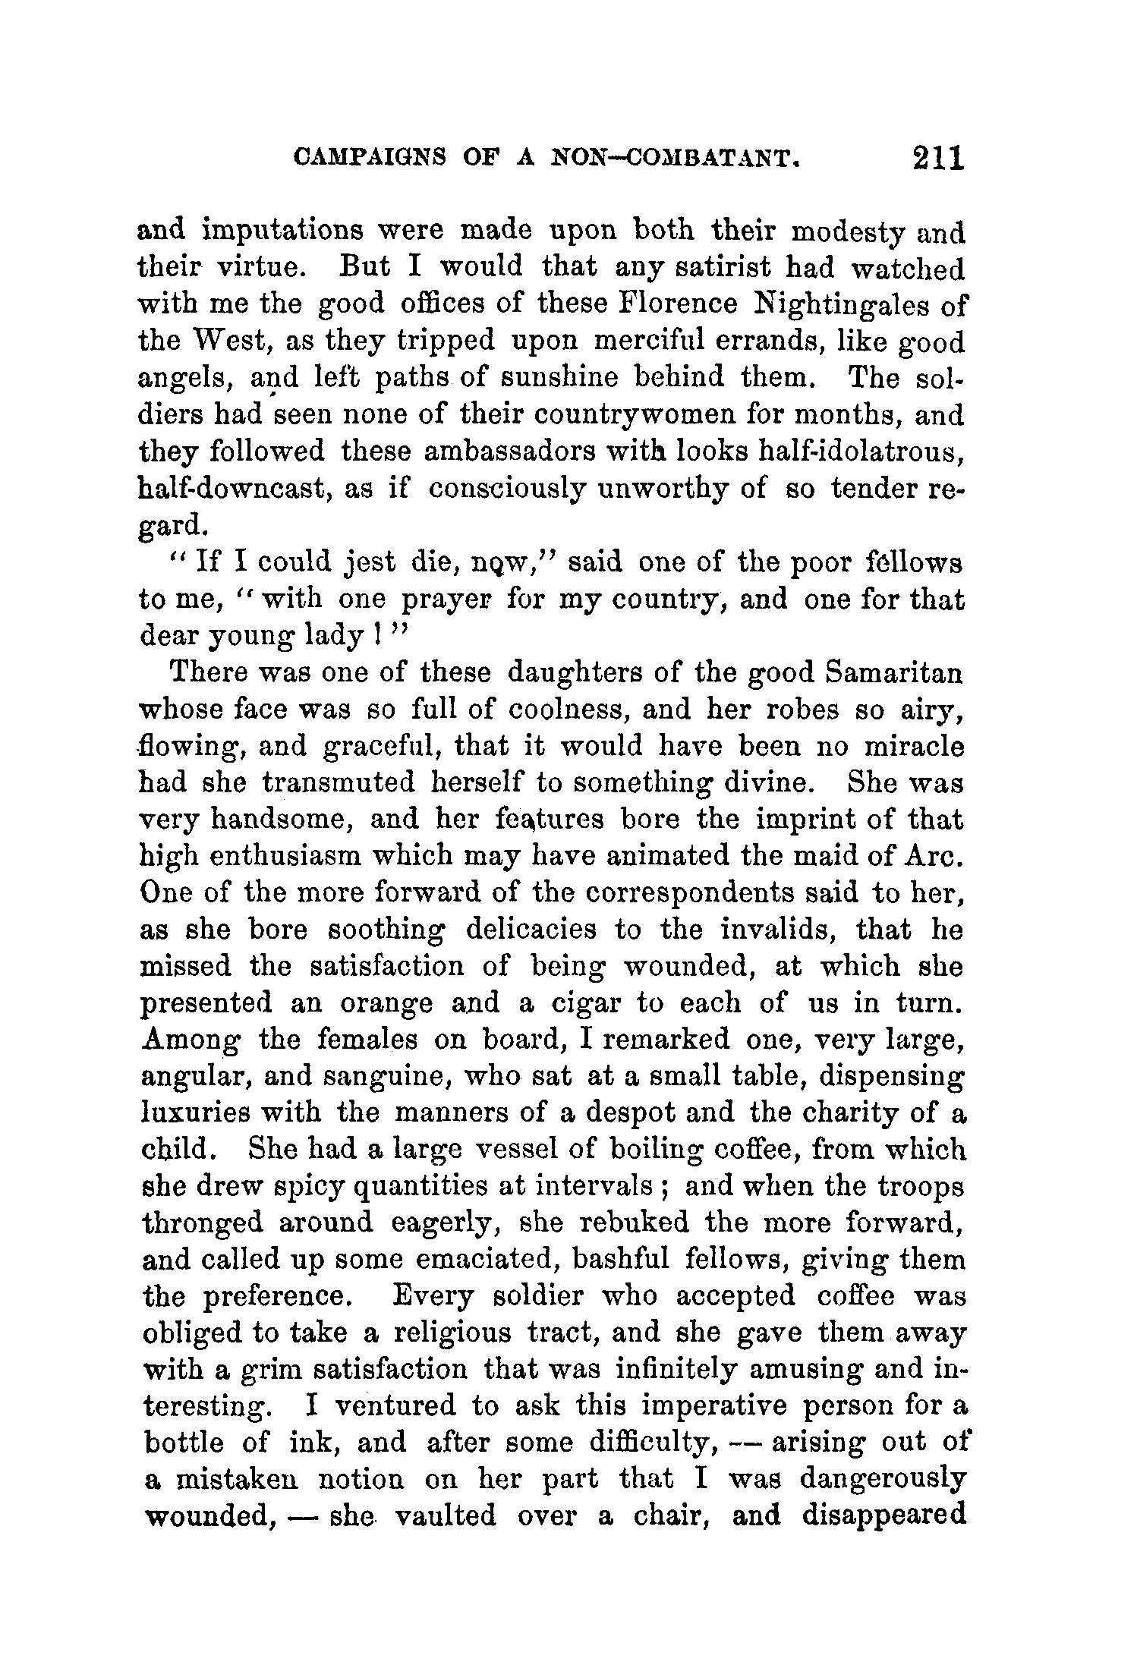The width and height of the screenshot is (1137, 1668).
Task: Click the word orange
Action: [x=386, y=1004]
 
